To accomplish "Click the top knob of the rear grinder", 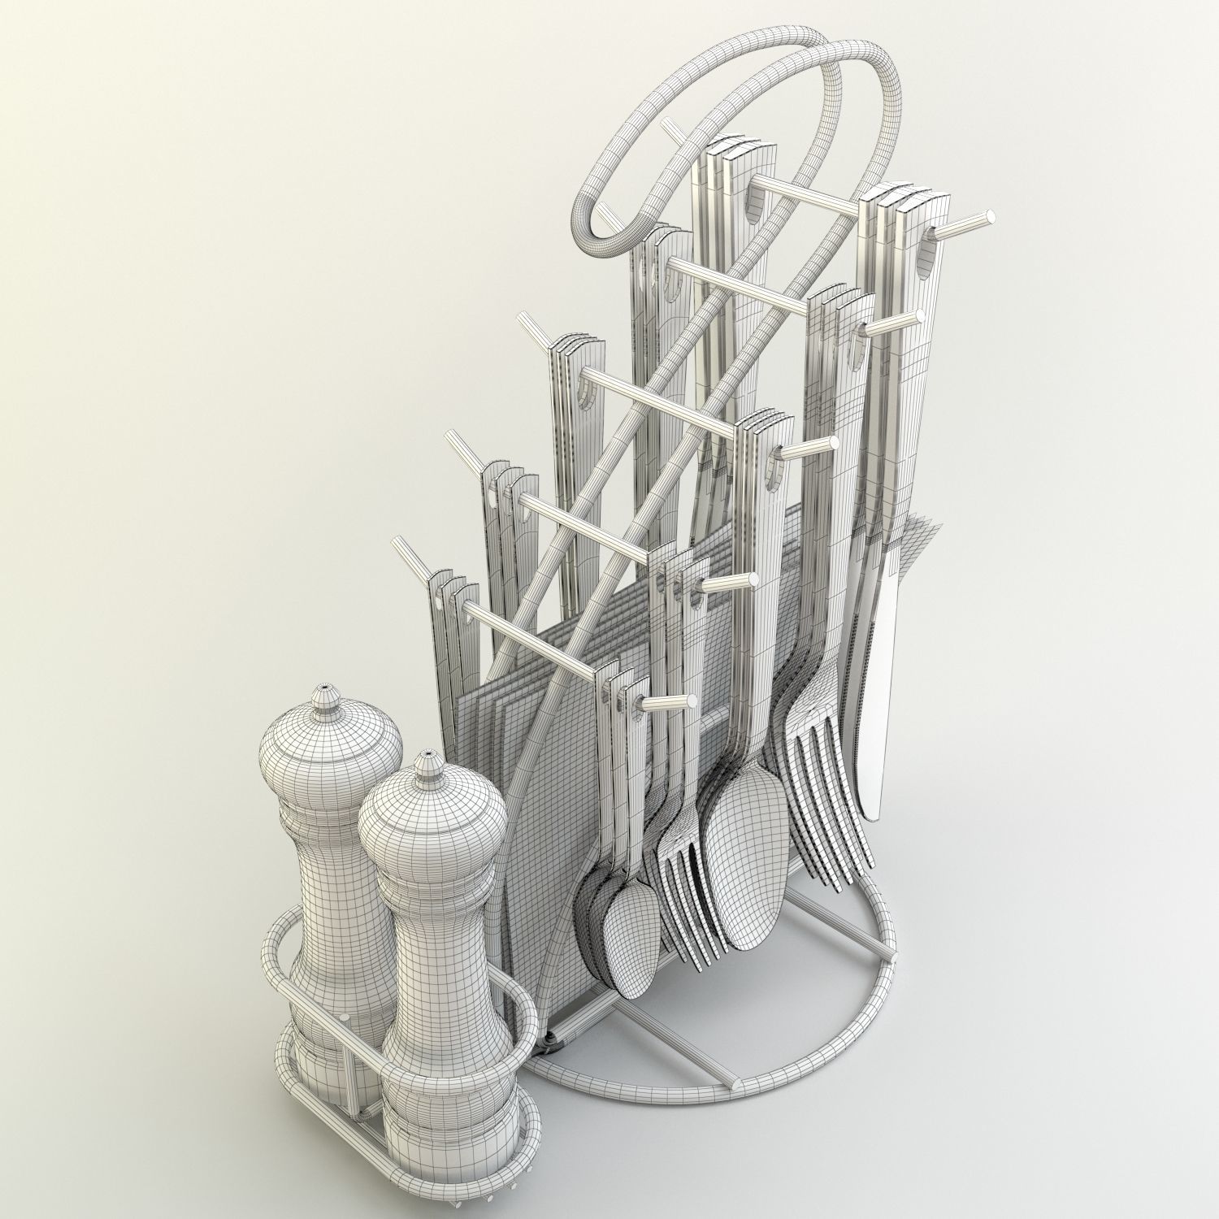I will tap(327, 695).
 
